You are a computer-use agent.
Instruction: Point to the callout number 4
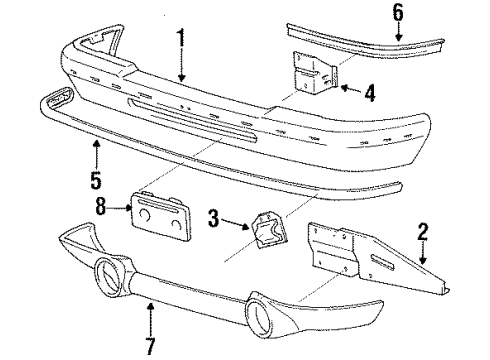pyautogui.click(x=370, y=95)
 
